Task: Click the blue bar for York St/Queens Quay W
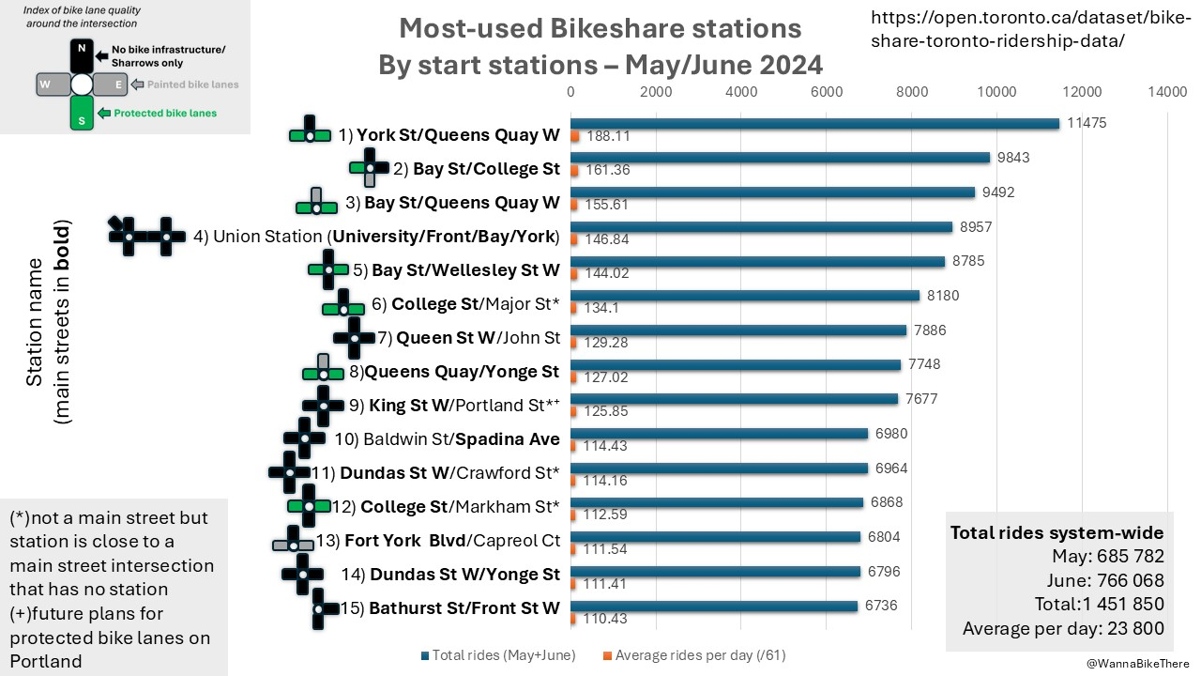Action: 814,123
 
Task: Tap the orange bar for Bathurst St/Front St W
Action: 574,620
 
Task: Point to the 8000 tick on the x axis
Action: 911,92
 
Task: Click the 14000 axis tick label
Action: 1167,92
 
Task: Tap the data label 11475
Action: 1087,123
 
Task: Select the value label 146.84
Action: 607,239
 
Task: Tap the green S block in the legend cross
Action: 82,113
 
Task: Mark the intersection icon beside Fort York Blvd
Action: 293,544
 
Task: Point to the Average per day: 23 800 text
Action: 1063,628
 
